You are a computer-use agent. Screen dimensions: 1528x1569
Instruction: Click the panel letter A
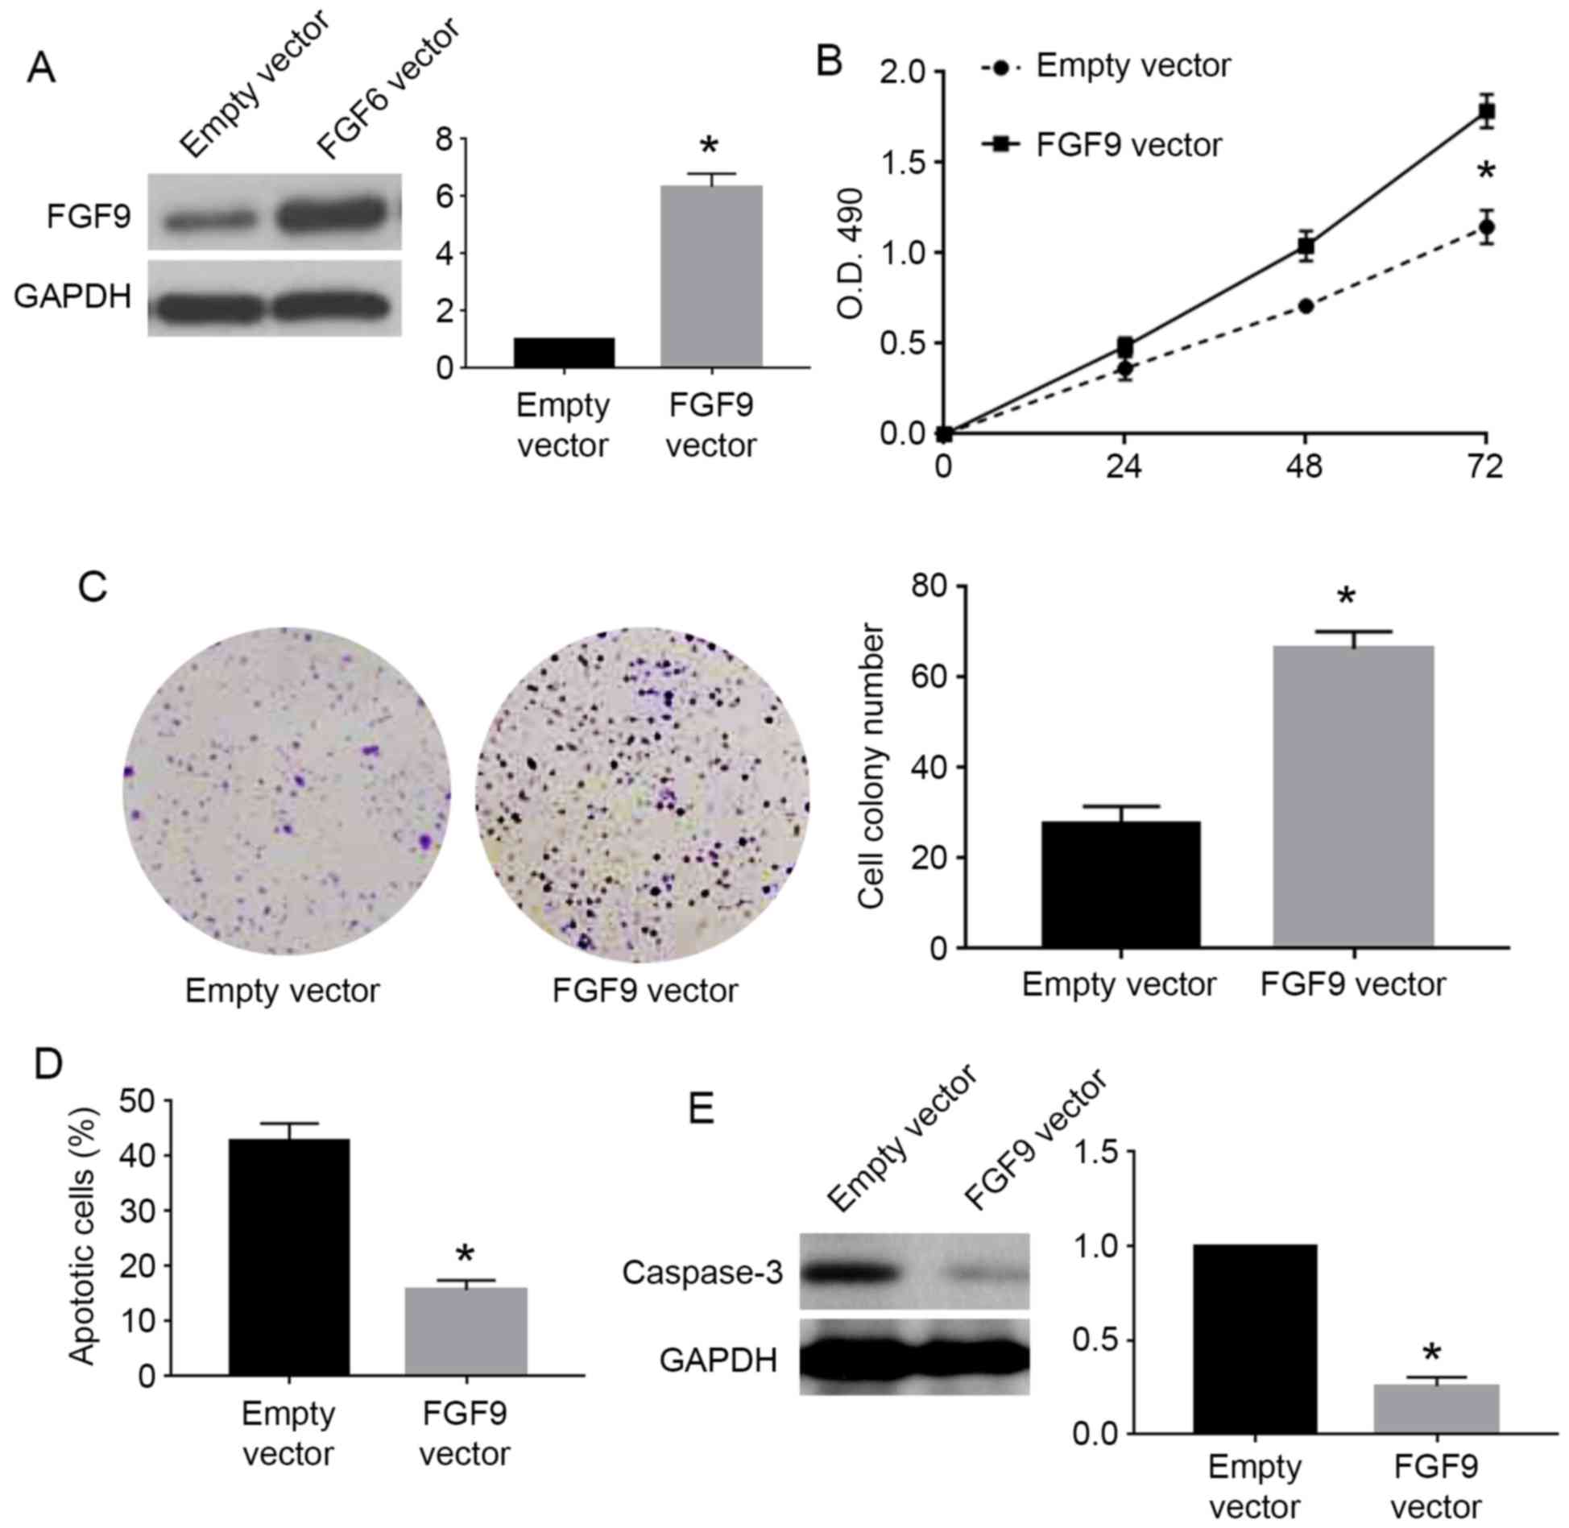point(41,68)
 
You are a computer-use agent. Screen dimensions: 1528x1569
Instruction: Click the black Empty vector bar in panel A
point(564,352)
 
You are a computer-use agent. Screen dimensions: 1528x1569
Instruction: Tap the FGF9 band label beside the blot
point(89,217)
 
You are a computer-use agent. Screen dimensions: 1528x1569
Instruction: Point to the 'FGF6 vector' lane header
point(389,89)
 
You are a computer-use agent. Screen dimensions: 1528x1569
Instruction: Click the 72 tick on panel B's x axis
point(1484,466)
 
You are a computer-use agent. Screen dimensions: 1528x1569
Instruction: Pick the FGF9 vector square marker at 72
point(1486,111)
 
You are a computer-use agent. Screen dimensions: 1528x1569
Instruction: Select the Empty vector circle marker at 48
point(1306,306)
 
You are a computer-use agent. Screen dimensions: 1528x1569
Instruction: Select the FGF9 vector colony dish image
point(643,794)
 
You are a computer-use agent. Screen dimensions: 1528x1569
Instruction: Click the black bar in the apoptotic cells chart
point(288,1257)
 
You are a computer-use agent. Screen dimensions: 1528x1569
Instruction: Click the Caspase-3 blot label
point(702,1273)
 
